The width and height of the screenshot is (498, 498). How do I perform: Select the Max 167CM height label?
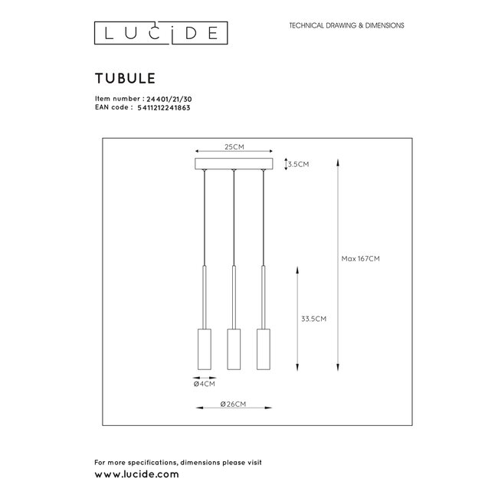click(x=361, y=258)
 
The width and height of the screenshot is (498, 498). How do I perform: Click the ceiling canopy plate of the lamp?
click(x=234, y=164)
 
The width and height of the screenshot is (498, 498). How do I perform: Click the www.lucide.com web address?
click(x=136, y=475)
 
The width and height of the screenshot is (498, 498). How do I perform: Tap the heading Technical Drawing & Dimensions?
click(x=346, y=26)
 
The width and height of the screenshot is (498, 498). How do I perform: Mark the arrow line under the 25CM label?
click(x=234, y=150)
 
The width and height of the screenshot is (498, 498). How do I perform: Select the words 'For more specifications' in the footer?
click(x=130, y=463)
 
